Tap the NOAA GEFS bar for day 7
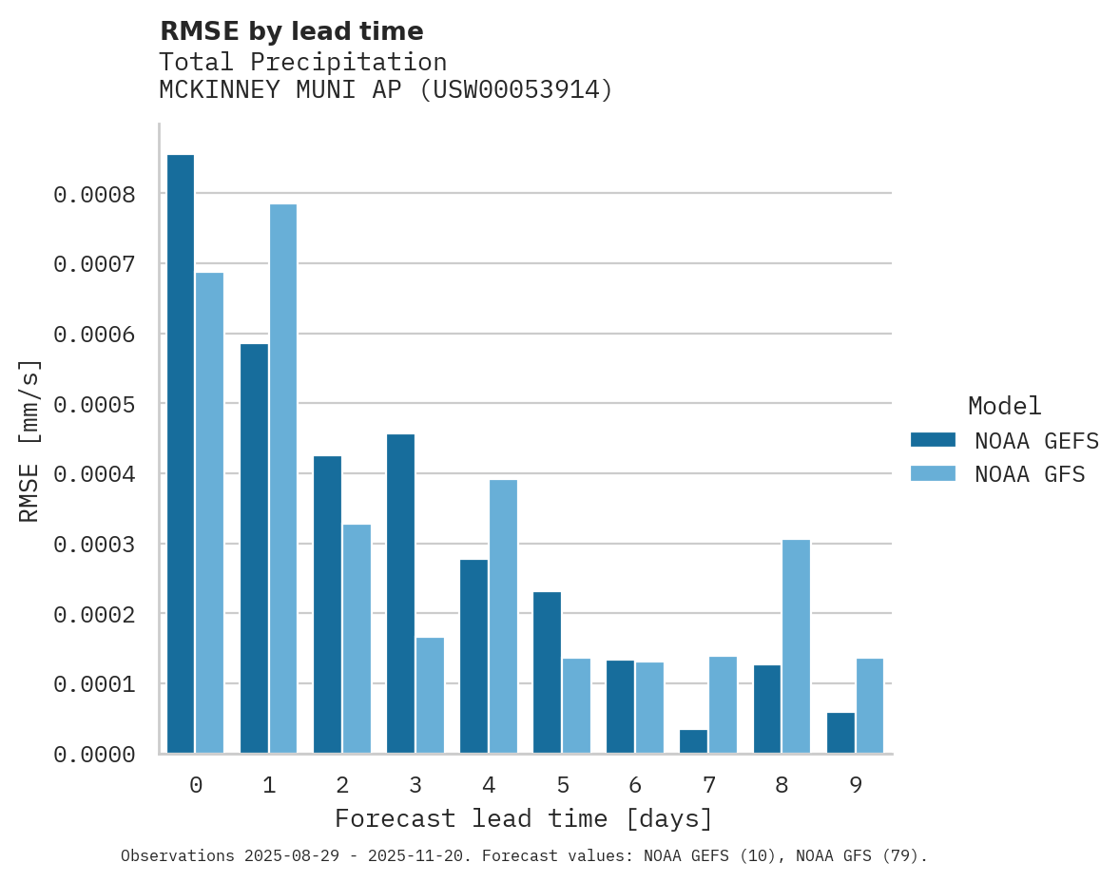[x=693, y=741]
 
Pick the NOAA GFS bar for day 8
[x=796, y=646]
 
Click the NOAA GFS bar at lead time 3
[x=430, y=695]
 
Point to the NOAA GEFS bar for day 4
[x=473, y=656]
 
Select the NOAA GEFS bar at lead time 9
[x=840, y=733]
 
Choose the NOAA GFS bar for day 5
[x=576, y=705]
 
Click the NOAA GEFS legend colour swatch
[x=933, y=440]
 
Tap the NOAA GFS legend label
[x=1030, y=474]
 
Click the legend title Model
[x=1004, y=406]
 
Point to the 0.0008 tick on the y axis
[x=95, y=195]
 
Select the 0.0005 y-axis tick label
[x=95, y=405]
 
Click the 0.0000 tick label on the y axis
[x=95, y=755]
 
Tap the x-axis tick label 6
[x=635, y=785]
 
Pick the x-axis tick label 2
[x=342, y=785]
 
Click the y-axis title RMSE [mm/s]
[x=29, y=440]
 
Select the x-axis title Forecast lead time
[x=524, y=818]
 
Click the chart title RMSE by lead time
[x=291, y=31]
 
